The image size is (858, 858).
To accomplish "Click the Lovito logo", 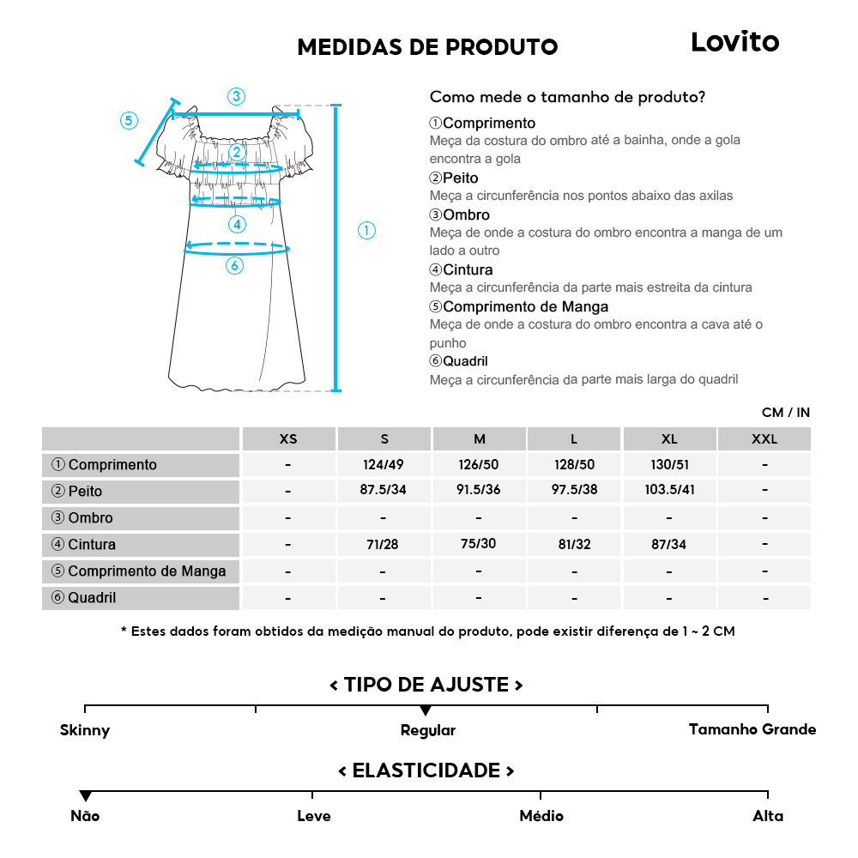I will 734,42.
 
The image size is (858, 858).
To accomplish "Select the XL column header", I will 669,439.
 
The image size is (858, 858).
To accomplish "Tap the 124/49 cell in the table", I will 384,465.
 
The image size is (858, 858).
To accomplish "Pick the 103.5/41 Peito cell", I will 669,492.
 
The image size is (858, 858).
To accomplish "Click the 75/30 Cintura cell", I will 479,544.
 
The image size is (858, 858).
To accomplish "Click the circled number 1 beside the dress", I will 366,230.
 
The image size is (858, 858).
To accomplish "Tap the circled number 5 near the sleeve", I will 129,120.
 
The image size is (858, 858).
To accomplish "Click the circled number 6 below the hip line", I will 234,266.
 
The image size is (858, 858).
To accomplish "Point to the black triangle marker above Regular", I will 426,711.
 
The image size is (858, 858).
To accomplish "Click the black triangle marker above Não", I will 85,796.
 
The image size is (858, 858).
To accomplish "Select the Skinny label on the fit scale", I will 85,731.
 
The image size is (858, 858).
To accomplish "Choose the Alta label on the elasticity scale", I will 768,816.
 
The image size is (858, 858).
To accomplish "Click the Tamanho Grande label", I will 752,729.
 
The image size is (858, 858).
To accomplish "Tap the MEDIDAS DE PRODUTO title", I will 427,47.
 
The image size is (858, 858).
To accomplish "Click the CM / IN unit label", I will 785,413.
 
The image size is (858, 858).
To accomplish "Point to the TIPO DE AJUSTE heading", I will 426,685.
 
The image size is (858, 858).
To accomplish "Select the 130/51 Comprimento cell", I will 669,465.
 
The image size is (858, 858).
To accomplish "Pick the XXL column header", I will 764,439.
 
